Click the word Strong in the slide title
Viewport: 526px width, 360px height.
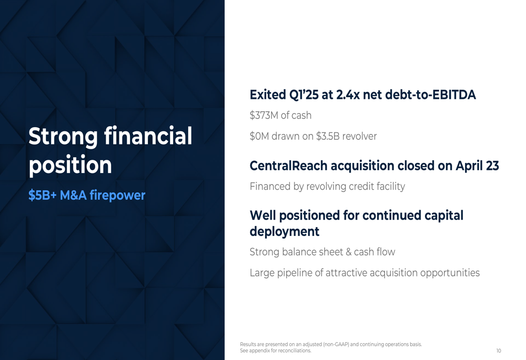(x=63, y=137)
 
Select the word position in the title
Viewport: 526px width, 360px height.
(x=70, y=166)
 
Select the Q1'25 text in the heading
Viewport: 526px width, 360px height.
(x=304, y=95)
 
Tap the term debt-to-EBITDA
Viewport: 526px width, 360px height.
(x=430, y=95)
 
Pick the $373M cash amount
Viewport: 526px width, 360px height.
(x=264, y=115)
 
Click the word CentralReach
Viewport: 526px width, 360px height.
(x=288, y=166)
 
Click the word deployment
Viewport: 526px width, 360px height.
(x=285, y=232)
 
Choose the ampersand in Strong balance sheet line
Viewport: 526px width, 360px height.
(x=348, y=252)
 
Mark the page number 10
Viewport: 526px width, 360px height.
(x=499, y=351)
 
